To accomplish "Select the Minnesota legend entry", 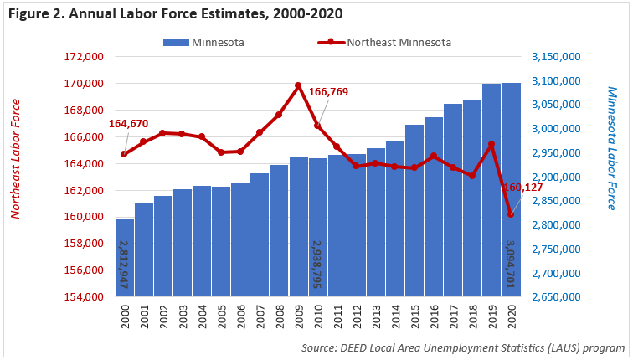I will click(204, 42).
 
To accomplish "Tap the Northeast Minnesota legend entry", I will click(384, 42).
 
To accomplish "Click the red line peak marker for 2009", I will click(298, 85).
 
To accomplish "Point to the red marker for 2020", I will click(511, 215).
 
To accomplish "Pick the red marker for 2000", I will click(124, 154).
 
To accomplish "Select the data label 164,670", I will click(129, 124).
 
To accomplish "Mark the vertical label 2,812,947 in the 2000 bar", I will click(123, 264).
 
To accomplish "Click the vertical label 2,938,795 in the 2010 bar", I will click(318, 264).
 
